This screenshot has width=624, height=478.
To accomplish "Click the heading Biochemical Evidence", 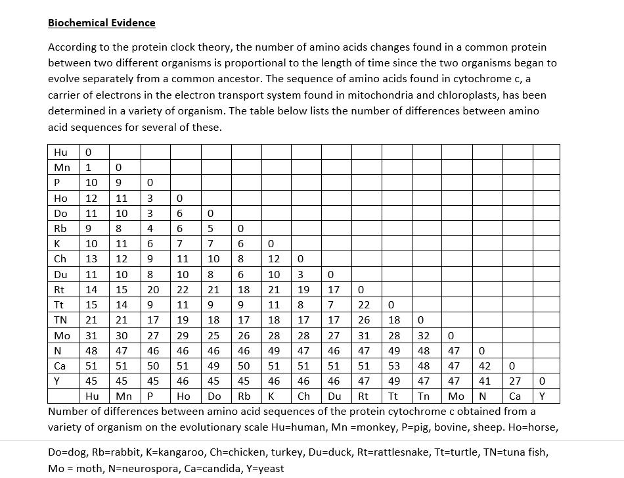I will coord(102,23).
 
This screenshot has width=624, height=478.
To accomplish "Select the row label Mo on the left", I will coord(58,335).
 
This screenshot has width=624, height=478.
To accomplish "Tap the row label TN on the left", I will coord(58,320).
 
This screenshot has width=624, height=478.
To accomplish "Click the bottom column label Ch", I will coord(303,396).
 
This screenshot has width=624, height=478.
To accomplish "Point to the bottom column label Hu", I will coord(93,396).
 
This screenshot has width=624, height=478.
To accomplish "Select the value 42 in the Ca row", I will coord(484,366).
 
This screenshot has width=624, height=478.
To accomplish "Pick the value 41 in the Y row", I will coord(484,381).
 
